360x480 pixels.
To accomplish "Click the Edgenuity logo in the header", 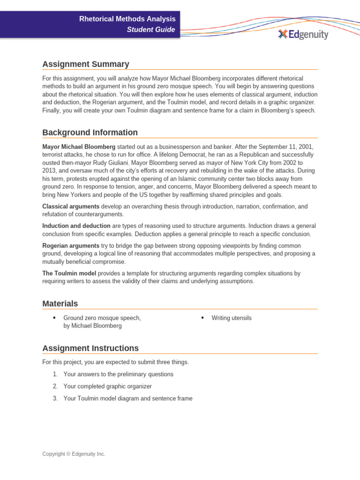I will (x=303, y=34).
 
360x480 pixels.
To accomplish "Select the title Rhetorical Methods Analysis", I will (x=127, y=19).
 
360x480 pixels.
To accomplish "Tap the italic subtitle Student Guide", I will (x=151, y=30).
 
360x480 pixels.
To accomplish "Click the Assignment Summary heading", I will (x=86, y=64).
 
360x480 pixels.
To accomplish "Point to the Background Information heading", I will (x=90, y=132).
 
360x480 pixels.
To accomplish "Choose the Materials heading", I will (x=60, y=303).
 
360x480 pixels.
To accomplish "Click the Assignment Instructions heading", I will (x=90, y=348).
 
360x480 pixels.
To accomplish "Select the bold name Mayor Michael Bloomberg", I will (x=79, y=147).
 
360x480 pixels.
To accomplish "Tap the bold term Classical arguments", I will (x=71, y=206).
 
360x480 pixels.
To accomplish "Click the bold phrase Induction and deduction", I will (x=76, y=226).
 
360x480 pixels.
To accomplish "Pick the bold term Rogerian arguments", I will (x=71, y=246).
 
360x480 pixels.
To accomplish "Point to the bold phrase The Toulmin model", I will (x=69, y=273).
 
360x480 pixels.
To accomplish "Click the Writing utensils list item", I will (x=232, y=318).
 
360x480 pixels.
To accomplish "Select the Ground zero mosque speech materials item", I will (x=102, y=322).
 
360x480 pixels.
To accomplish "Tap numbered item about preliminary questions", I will (x=118, y=374).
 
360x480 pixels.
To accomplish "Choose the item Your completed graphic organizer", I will (x=107, y=386).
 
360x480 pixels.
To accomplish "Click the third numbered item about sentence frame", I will (x=127, y=398).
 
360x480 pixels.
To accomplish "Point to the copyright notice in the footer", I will (x=74, y=454).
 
